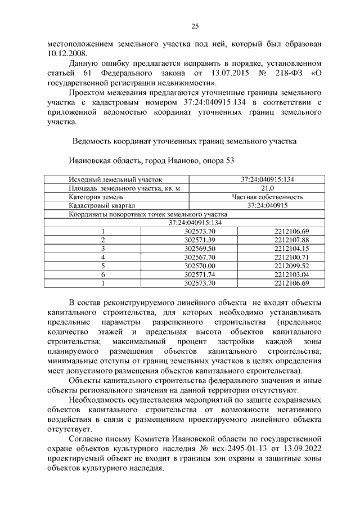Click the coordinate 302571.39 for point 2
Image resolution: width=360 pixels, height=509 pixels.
point(200,240)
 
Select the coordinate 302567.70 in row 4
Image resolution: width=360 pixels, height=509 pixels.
point(200,257)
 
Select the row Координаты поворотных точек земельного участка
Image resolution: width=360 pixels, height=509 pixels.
point(147,214)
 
